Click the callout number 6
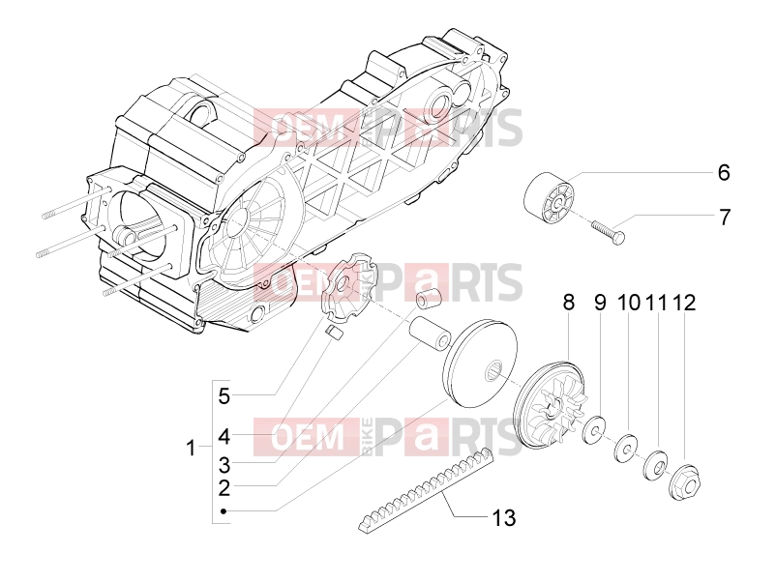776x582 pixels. [724, 173]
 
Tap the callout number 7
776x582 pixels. [725, 218]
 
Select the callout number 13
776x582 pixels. [504, 518]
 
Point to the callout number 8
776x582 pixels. [569, 303]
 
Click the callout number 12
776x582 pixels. [684, 303]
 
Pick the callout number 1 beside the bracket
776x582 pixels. [191, 449]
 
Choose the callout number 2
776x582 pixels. [224, 488]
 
